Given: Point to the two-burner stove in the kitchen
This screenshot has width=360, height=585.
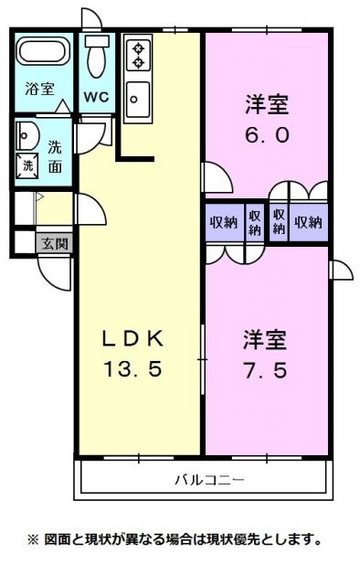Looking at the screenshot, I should (x=138, y=53).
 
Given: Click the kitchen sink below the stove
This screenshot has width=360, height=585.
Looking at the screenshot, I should (x=138, y=97).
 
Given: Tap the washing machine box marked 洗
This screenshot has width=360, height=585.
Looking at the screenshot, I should (x=27, y=166).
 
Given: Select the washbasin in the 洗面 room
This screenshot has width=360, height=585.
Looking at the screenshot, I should (x=25, y=136).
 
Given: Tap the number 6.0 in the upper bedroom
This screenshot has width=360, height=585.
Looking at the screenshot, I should (x=266, y=134).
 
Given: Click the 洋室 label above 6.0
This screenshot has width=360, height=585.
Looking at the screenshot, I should (x=266, y=104).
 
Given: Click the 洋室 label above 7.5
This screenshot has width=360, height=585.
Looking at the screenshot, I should (x=265, y=340).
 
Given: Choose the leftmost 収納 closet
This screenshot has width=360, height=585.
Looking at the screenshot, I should (x=223, y=222).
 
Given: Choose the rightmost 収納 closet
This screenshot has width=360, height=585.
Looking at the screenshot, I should (x=309, y=222).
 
